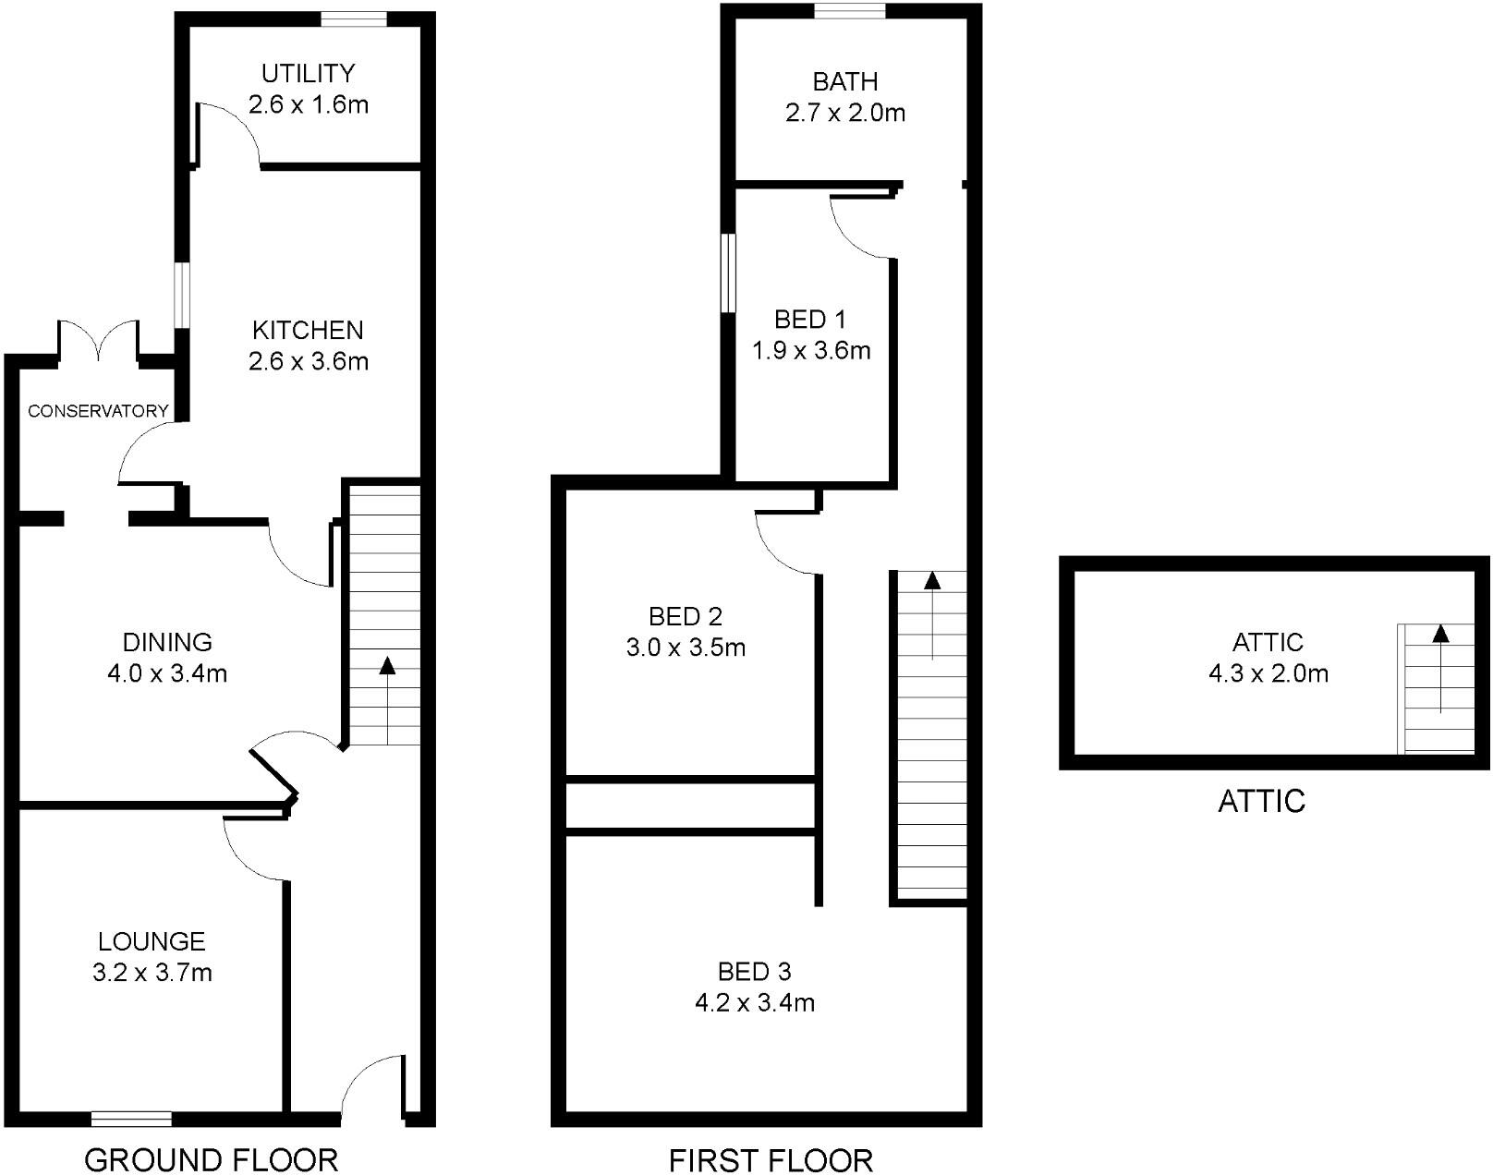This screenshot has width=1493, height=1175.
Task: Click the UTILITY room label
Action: [x=308, y=73]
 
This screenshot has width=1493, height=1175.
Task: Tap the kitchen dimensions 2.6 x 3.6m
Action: [x=308, y=361]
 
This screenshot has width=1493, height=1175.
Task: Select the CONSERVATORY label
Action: [x=98, y=411]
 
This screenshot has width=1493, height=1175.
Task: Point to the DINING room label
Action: [x=167, y=642]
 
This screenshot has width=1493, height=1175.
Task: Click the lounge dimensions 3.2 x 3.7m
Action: [x=152, y=973]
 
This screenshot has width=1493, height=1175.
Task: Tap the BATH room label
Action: [x=844, y=82]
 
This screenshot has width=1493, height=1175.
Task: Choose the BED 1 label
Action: [x=810, y=320]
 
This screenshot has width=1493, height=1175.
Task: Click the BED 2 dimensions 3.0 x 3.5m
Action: [x=686, y=648]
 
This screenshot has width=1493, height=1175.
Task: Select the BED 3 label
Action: [x=754, y=972]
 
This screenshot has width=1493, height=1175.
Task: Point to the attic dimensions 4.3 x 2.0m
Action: [x=1268, y=673]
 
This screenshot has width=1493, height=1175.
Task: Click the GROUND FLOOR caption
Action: [x=211, y=1159]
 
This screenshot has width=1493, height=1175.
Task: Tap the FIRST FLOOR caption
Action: [x=771, y=1160]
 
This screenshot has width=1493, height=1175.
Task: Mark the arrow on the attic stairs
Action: [x=1439, y=635]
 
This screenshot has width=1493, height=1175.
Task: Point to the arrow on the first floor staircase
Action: [x=932, y=582]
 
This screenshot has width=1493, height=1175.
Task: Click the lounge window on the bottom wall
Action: [x=131, y=1119]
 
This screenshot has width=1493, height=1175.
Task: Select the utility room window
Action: [x=353, y=19]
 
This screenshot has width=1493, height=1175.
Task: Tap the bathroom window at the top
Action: [x=850, y=11]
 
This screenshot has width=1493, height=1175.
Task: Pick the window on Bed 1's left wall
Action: [x=728, y=273]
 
